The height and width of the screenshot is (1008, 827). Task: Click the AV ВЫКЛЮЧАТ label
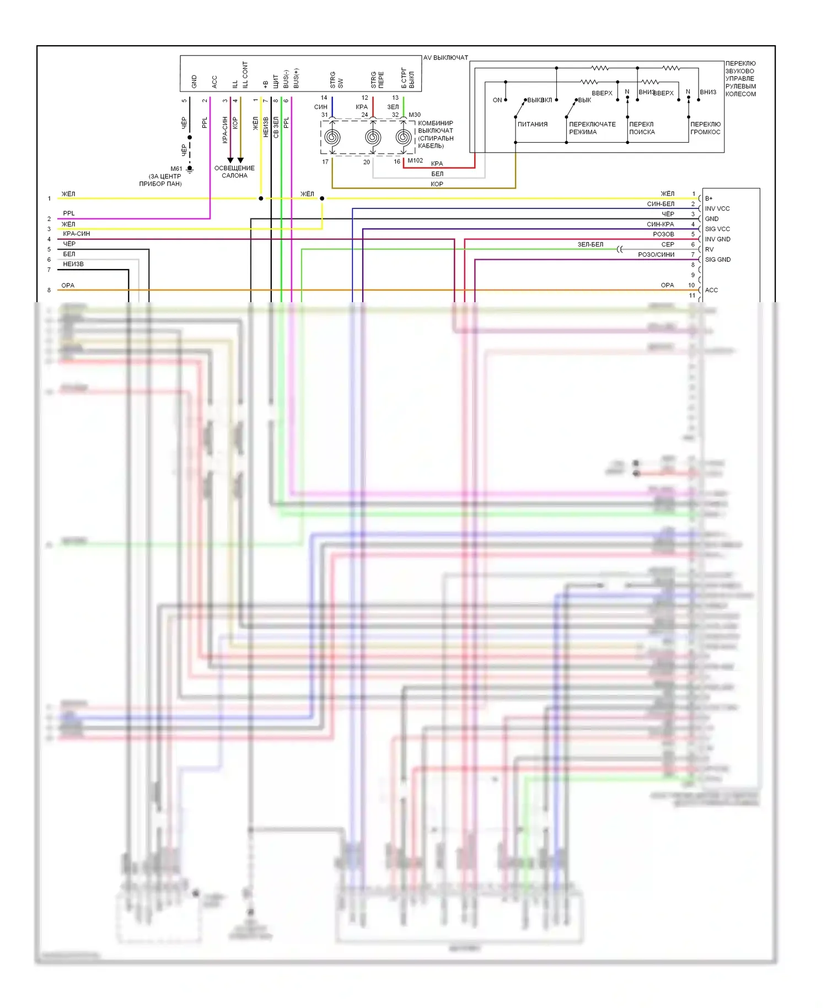[x=445, y=58]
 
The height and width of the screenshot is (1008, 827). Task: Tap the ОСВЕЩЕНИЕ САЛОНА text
[x=234, y=172]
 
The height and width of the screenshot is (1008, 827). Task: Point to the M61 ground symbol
[x=190, y=169]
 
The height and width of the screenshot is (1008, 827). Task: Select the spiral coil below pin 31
[x=332, y=137]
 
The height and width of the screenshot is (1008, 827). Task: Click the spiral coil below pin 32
[x=404, y=137]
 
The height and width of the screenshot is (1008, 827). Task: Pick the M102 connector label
[x=415, y=161]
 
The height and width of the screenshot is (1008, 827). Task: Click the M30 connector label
[x=415, y=115]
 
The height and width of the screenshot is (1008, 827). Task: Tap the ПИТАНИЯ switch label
[x=532, y=125]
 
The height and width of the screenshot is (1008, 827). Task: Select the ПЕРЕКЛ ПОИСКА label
[x=642, y=128]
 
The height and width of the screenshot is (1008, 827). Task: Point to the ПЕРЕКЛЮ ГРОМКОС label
[x=705, y=128]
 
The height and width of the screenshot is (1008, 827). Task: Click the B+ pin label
[x=709, y=199]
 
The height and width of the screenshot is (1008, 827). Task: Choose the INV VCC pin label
[x=717, y=209]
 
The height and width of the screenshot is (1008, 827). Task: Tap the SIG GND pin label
[x=718, y=260]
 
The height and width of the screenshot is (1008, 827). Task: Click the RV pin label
[x=709, y=250]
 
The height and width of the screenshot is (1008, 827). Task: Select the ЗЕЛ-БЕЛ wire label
[x=590, y=245]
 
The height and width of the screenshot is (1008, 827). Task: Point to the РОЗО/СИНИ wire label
[x=656, y=255]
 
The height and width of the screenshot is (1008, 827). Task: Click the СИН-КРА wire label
[x=660, y=224]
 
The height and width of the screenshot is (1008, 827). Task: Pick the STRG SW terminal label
[x=336, y=81]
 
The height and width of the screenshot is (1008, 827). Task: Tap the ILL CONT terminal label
[x=245, y=75]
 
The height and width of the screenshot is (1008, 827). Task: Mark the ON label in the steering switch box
[x=497, y=100]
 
